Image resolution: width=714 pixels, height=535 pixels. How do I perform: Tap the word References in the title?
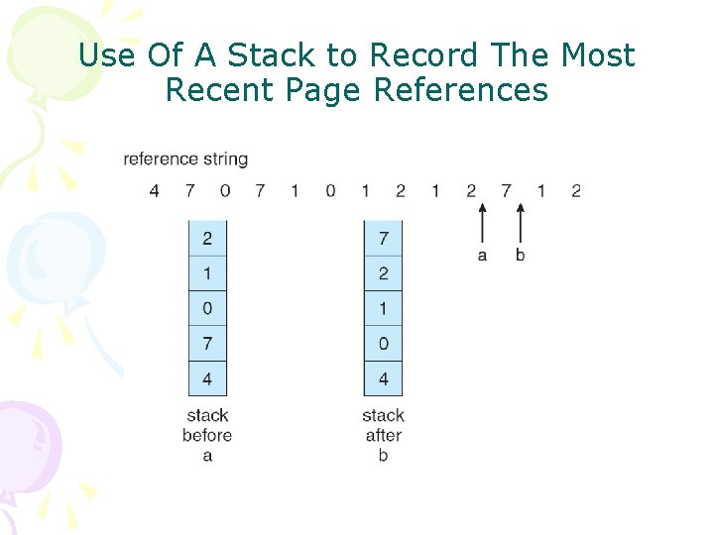click(460, 90)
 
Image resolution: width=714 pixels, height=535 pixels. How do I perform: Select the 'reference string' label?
click(185, 159)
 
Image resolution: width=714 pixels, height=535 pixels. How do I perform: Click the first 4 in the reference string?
click(154, 190)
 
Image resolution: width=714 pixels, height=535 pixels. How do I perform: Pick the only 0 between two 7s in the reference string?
click(225, 190)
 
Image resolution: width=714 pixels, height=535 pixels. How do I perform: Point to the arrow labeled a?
click(483, 222)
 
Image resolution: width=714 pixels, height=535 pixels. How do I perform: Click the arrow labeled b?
click(519, 222)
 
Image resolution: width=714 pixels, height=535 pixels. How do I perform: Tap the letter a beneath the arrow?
click(483, 256)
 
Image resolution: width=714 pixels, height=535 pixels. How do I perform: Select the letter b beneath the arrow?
click(520, 255)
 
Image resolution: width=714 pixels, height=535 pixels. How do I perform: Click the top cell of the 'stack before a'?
click(207, 238)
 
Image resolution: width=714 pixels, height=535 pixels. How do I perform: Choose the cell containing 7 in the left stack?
click(207, 343)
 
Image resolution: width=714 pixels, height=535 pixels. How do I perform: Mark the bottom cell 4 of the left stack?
click(207, 378)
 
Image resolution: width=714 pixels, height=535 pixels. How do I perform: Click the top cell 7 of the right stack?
click(384, 238)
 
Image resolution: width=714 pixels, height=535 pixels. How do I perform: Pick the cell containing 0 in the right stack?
click(384, 343)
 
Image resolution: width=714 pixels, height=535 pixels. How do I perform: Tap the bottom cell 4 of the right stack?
click(384, 378)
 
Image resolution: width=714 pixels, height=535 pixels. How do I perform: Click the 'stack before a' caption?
click(207, 435)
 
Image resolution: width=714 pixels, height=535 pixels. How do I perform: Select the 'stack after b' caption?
click(383, 435)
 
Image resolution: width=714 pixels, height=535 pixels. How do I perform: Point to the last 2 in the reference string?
click(576, 190)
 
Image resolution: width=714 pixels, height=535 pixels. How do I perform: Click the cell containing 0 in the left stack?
click(207, 308)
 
